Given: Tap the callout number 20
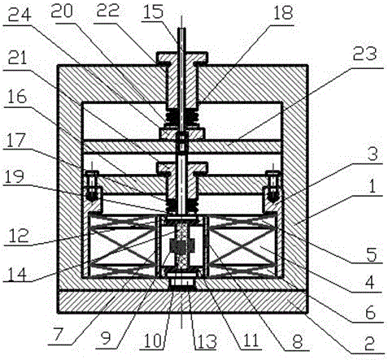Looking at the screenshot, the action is click(62, 12).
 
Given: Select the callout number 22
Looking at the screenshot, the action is click(108, 11).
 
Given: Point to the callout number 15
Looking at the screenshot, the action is click(153, 11).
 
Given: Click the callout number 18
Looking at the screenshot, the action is click(283, 13).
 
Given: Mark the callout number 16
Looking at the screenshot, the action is click(16, 97).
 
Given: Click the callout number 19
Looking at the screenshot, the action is click(14, 176).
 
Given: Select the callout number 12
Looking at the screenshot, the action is click(18, 236).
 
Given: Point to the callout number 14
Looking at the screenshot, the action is click(16, 275).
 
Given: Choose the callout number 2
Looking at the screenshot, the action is click(369, 344).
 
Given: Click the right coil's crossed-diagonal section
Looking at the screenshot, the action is click(242, 247).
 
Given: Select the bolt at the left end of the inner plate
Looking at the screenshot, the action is click(92, 185).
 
